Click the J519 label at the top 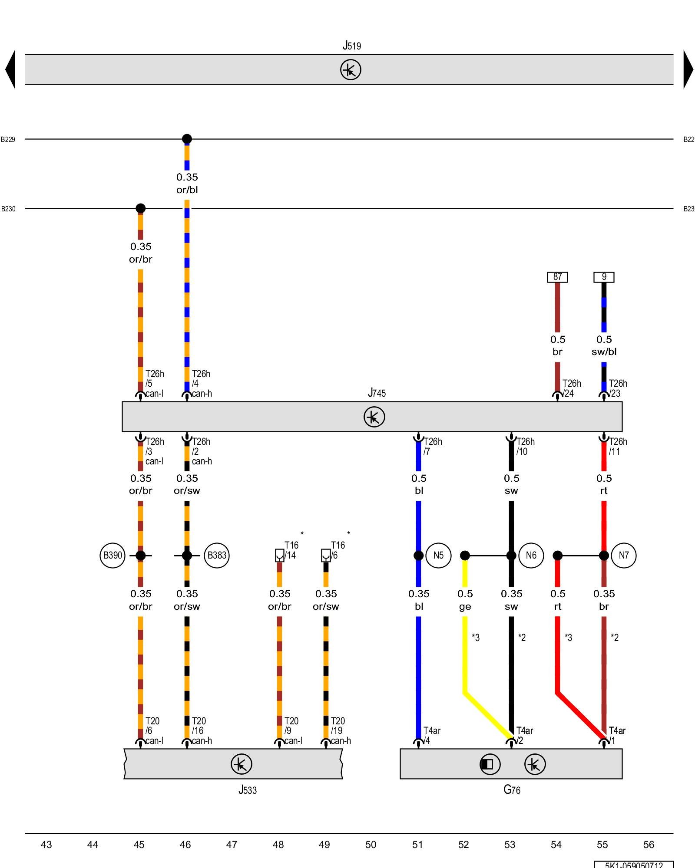pos(351,46)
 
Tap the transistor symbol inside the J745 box pos(374,417)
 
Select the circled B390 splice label pos(113,555)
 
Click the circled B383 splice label pos(217,555)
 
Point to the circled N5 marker pos(438,555)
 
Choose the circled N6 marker pos(531,555)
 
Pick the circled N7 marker pos(623,555)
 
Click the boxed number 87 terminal pos(557,277)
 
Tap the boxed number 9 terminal pos(604,277)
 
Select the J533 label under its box pos(248,790)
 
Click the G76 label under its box pos(512,790)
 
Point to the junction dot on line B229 pos(187,139)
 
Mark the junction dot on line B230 pos(140,208)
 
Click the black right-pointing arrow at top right pos(688,69)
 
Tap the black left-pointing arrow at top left pos(10,69)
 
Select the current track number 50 pos(371,845)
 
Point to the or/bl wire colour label pos(187,190)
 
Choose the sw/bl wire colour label pos(604,352)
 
